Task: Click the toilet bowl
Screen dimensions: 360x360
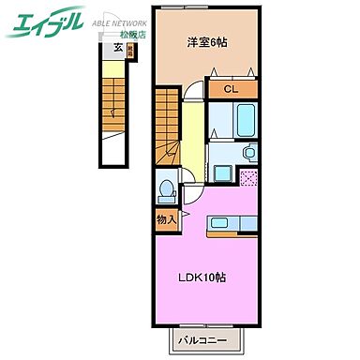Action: point(167,190)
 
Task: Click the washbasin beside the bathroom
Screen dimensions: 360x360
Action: point(248,152)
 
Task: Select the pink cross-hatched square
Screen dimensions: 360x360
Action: point(249,175)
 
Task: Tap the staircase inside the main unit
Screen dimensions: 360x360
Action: point(167,121)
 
